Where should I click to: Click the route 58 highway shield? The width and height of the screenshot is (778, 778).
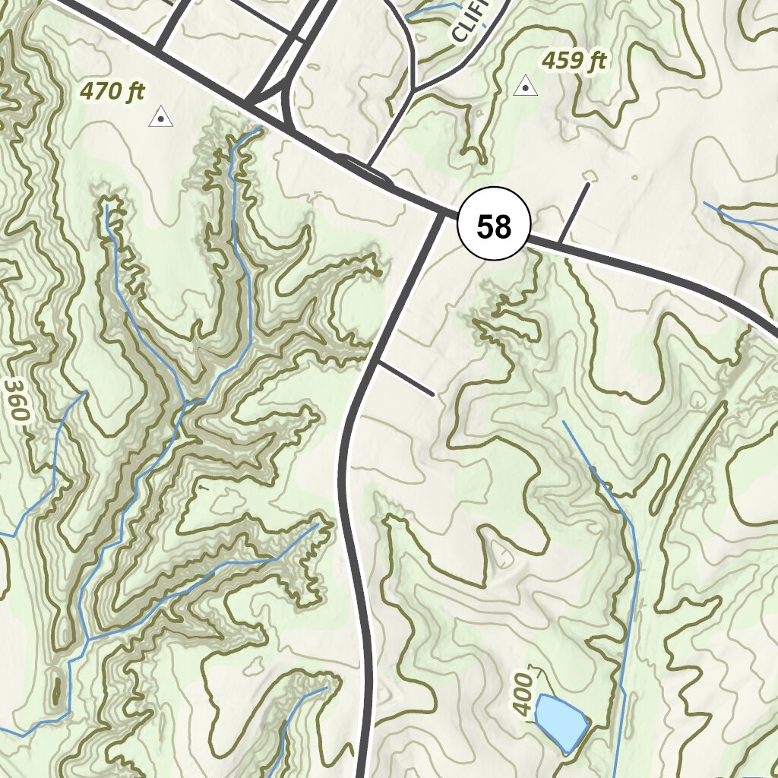tap(493, 226)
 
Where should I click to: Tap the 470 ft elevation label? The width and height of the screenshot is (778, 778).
tap(112, 92)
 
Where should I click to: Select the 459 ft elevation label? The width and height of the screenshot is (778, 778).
tap(574, 61)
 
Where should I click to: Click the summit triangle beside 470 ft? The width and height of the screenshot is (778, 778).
tap(160, 117)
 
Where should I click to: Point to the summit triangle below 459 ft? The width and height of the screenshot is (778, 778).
tap(525, 87)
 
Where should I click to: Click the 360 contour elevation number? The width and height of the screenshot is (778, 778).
tap(16, 400)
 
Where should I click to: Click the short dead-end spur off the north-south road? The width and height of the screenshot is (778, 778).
tap(406, 378)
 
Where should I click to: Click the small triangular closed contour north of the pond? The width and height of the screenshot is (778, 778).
tap(501, 554)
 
